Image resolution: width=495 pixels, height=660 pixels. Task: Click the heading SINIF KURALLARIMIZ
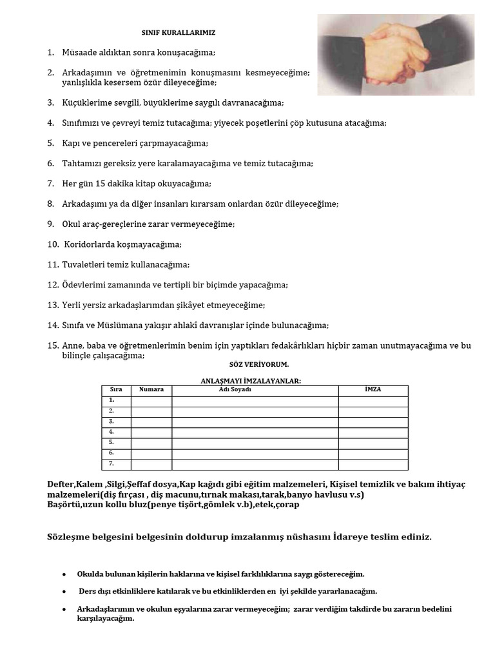tap(183, 32)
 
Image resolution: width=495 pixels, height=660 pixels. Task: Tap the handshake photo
tap(396, 55)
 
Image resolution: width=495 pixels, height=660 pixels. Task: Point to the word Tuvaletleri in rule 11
tap(83, 264)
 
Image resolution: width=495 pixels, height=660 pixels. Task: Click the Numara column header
tap(151, 390)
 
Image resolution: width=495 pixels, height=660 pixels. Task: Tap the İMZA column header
tap(373, 390)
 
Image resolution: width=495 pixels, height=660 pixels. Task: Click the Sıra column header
tap(116, 390)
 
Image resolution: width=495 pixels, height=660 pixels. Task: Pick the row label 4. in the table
tap(112, 432)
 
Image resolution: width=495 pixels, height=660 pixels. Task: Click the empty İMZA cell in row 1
tap(373, 401)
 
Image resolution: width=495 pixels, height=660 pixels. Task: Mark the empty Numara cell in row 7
tap(151, 464)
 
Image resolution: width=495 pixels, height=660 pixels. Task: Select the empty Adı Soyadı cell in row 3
tap(255, 422)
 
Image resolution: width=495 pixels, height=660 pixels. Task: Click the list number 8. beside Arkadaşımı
tap(51, 204)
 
